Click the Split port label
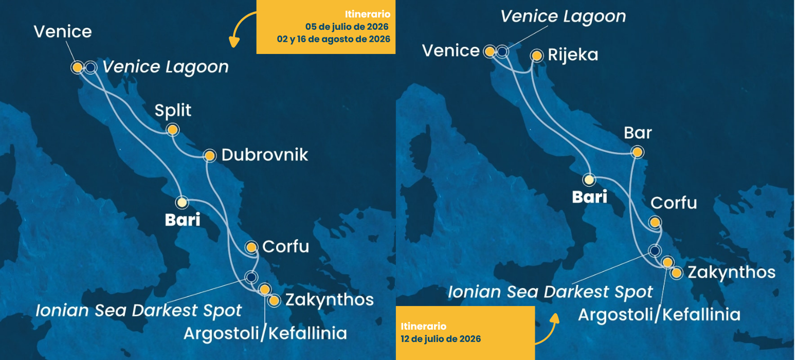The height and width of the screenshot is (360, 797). [173, 110]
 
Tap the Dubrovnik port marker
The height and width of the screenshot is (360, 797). [209, 155]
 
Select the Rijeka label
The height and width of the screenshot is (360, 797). [573, 55]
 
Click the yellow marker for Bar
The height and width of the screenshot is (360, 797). [637, 152]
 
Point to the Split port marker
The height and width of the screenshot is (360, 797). [173, 129]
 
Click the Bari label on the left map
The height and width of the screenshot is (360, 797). [182, 221]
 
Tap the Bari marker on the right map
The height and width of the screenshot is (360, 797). [589, 179]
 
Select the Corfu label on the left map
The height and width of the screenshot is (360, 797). [285, 246]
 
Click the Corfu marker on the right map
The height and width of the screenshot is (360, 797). [655, 222]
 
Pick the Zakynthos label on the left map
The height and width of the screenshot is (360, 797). [329, 299]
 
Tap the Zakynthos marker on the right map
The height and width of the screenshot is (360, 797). [677, 273]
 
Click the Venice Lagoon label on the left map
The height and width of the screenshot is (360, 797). [165, 67]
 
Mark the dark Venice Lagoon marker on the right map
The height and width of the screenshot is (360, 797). [502, 51]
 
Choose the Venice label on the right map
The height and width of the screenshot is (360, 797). [450, 51]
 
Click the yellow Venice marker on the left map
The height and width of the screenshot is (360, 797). [77, 67]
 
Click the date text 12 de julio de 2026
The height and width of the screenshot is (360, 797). [441, 339]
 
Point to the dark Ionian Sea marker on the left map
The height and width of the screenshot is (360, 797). [251, 277]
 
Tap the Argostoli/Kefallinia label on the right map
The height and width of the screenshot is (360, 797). [659, 314]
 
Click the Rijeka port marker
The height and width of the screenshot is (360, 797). [536, 55]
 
